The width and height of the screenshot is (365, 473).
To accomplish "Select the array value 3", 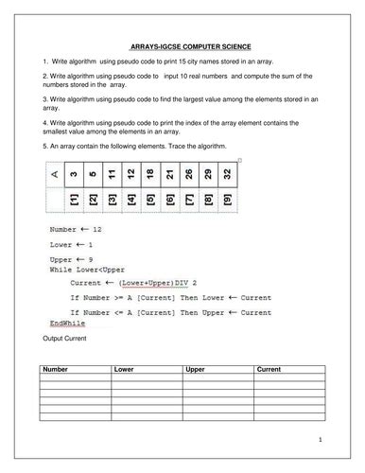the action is click(74, 175).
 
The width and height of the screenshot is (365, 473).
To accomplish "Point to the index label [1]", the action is click(74, 201).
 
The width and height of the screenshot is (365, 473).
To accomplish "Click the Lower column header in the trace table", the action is click(125, 371).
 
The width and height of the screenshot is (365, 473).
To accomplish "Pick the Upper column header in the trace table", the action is click(196, 371).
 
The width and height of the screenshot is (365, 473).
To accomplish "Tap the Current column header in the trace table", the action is click(270, 371).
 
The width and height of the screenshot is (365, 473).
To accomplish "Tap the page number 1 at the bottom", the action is click(321, 439).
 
